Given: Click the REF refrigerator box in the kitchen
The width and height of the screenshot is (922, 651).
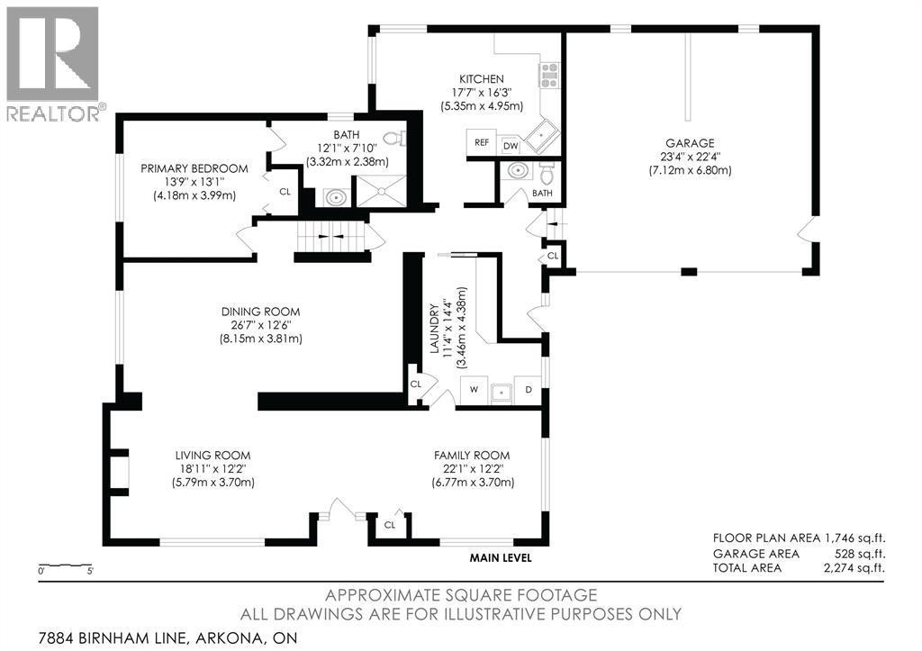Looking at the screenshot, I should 481,143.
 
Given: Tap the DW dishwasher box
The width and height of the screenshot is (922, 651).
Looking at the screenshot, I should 511,144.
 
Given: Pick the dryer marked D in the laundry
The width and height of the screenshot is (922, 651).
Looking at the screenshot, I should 529,390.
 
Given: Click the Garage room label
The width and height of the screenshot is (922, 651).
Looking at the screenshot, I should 690,142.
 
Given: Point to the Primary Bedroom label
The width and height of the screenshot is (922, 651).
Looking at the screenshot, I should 194,168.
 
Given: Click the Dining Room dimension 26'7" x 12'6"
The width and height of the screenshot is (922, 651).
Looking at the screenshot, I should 262,325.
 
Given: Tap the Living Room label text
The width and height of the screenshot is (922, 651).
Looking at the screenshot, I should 212,455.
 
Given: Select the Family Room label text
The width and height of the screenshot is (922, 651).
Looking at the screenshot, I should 473,455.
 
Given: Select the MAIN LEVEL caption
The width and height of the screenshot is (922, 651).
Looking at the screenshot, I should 501,558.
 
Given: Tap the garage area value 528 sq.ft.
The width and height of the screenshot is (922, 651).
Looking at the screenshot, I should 862,554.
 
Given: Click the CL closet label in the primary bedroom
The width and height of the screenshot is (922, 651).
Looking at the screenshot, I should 285,192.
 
